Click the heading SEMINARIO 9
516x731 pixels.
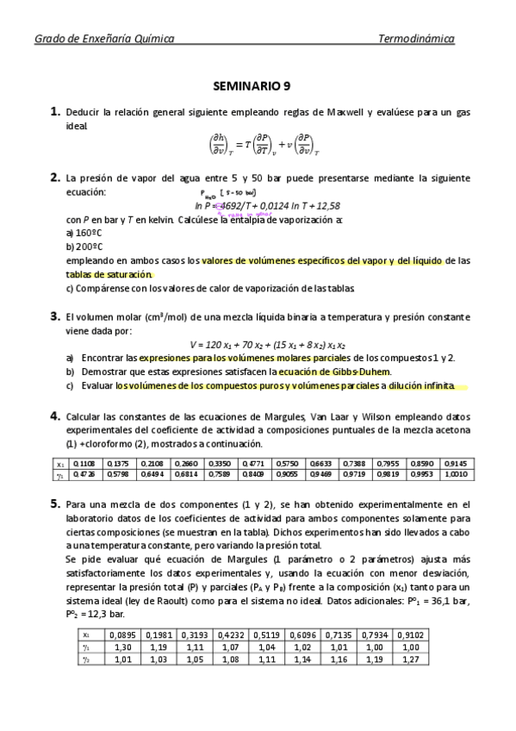(x=258, y=86)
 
